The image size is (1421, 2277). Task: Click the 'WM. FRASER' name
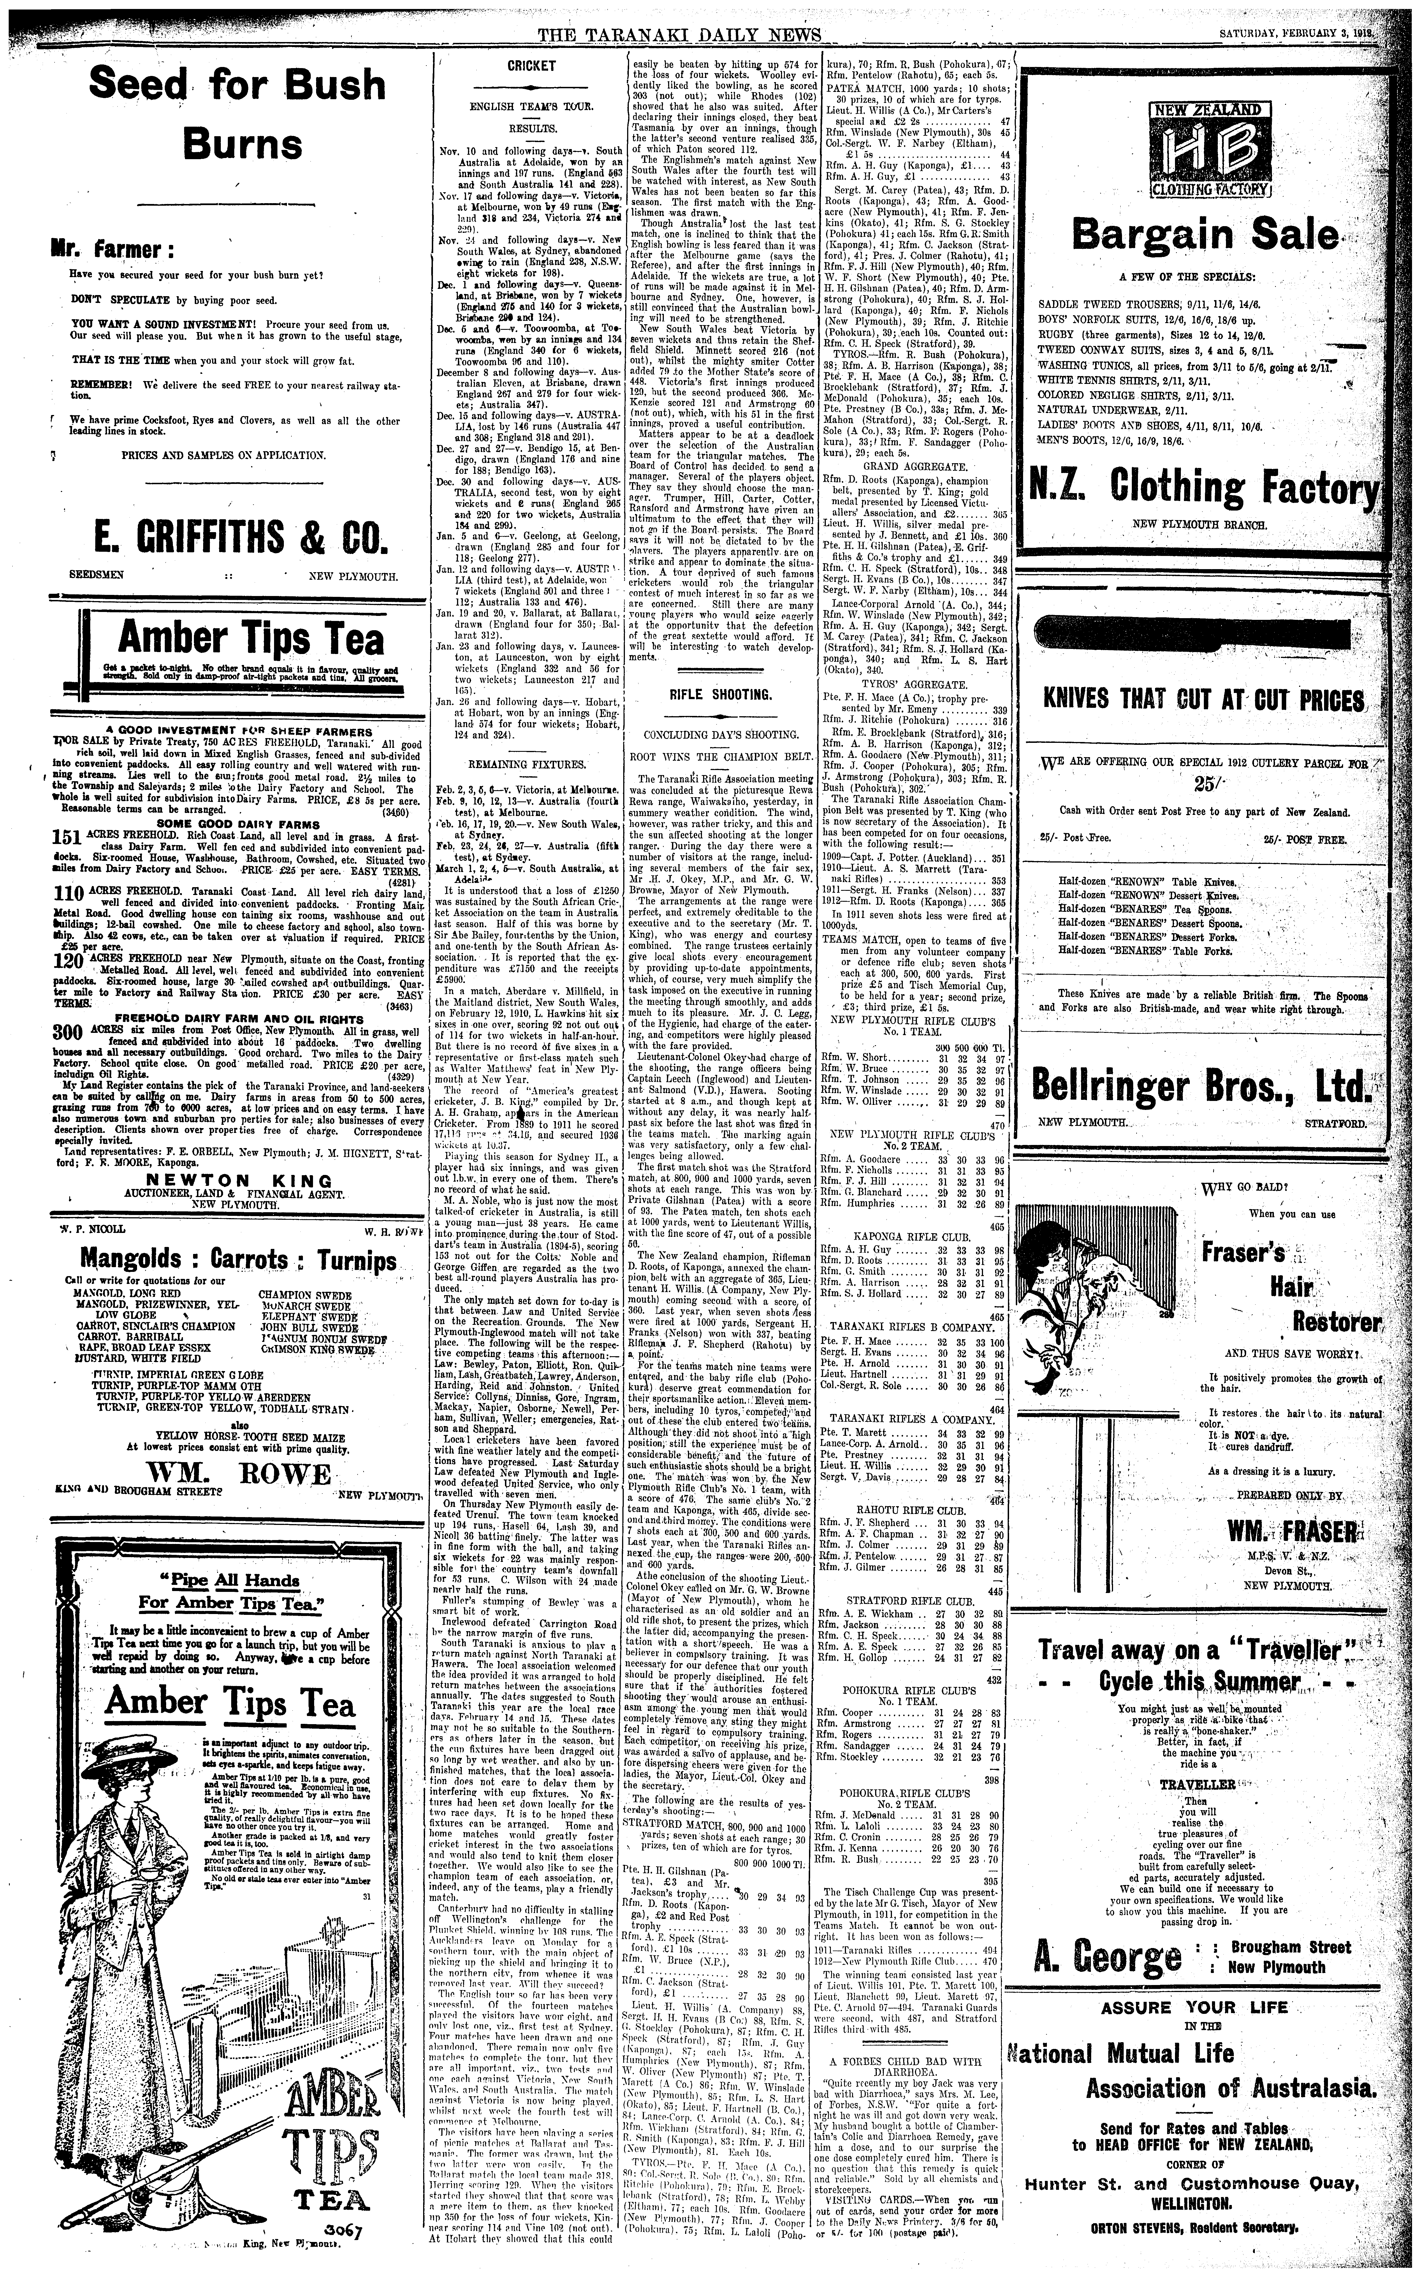1292,1532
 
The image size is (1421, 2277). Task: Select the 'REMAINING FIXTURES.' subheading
532,765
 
